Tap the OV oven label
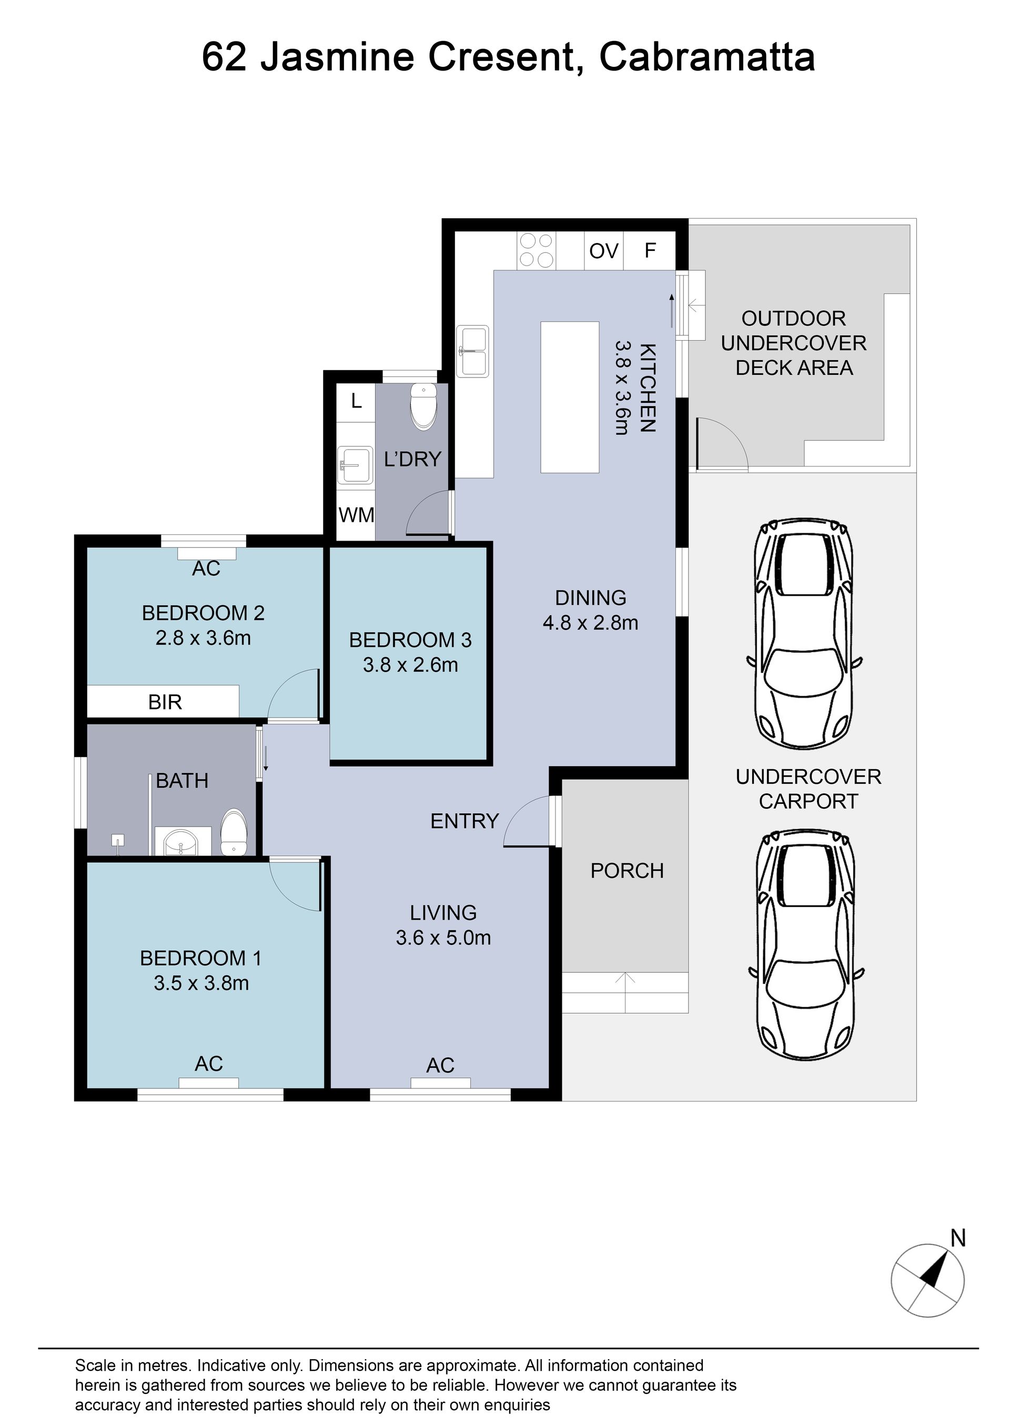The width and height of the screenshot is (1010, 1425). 603,251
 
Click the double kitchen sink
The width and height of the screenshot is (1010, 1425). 473,351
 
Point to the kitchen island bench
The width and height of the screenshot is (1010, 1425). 570,398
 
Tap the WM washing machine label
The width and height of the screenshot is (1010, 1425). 356,515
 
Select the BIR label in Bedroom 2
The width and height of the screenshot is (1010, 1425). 165,702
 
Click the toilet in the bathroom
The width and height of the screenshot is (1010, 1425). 234,832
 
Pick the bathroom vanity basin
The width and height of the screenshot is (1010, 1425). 180,842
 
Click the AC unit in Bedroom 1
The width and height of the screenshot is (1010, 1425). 208,1084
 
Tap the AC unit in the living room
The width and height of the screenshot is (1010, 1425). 440,1084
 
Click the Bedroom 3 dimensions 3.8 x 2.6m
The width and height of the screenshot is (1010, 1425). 410,665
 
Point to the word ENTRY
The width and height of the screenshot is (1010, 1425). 464,821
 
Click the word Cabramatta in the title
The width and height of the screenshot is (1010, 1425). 706,57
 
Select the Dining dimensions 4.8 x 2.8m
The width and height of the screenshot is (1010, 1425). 590,623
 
